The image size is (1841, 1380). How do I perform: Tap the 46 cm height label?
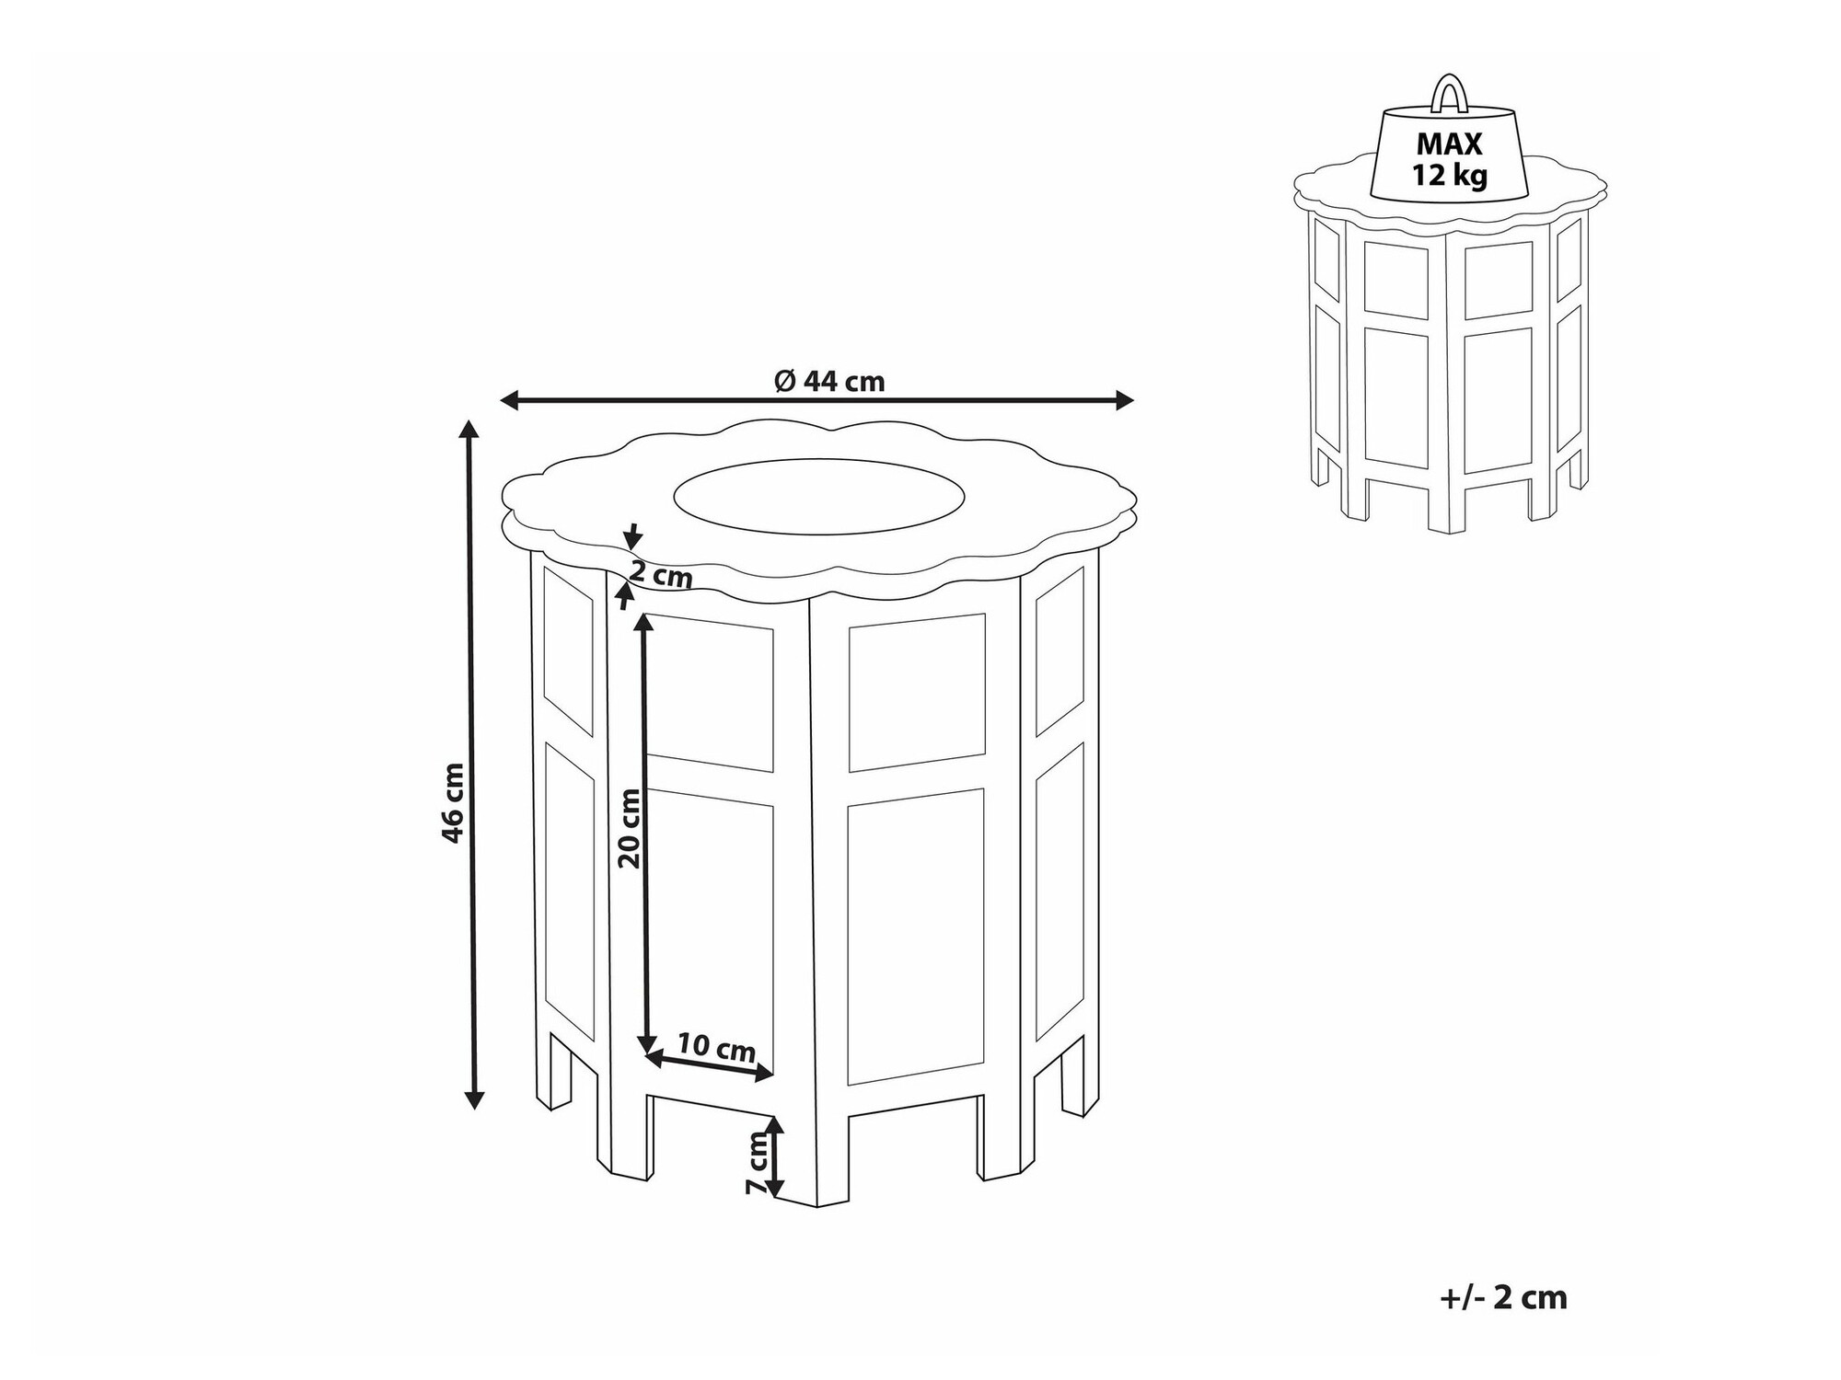coord(453,802)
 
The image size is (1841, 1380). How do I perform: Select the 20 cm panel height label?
coord(630,828)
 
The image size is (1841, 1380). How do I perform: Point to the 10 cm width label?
coord(716,1048)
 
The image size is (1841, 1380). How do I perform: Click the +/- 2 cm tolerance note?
coord(1502,1297)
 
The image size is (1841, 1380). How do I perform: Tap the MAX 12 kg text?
coord(1450,159)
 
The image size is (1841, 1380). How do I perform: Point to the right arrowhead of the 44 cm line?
coord(1123,400)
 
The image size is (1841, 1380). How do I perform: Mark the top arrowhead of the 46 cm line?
coord(469,431)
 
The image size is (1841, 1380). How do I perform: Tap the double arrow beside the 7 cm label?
coord(775,1157)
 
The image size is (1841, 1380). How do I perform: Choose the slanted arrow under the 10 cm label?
coord(709,1066)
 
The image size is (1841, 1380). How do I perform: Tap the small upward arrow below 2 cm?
coord(626,596)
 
